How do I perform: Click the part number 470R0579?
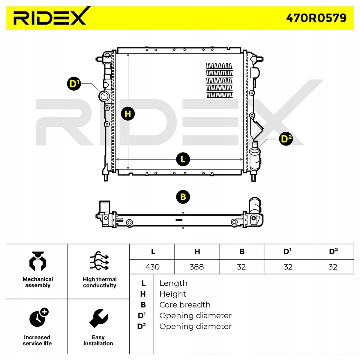pos(316,18)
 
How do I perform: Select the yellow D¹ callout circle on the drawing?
pos(73,84)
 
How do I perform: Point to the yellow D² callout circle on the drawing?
pos(286,139)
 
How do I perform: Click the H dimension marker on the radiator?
pos(128,114)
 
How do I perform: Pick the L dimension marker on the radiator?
pos(183,159)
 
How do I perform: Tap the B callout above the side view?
pos(183,197)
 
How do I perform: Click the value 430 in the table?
pos(152,267)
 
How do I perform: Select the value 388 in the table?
pos(196,267)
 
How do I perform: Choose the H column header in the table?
pos(197,252)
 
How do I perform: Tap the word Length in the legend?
pos(173,283)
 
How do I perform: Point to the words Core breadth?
pos(185,305)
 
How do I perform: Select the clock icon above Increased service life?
pos(38,317)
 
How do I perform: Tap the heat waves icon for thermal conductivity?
pos(99,261)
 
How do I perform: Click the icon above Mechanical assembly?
pos(38,261)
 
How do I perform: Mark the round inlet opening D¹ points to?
pos(104,96)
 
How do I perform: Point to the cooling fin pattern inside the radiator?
pos(219,80)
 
